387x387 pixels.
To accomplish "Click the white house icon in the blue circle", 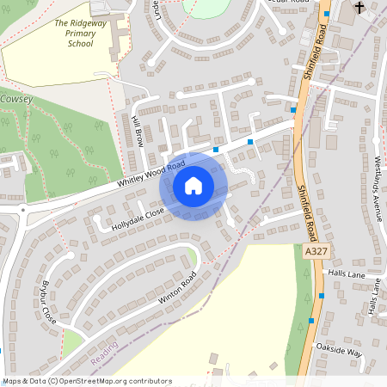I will click(193, 185).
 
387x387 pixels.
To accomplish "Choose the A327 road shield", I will click(316, 249).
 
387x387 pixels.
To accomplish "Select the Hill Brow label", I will click(137, 132).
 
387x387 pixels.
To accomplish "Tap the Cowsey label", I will click(16, 101).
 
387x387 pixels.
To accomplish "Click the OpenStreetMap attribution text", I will click(86, 380).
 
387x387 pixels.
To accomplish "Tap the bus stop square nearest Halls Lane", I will click(322, 296).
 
